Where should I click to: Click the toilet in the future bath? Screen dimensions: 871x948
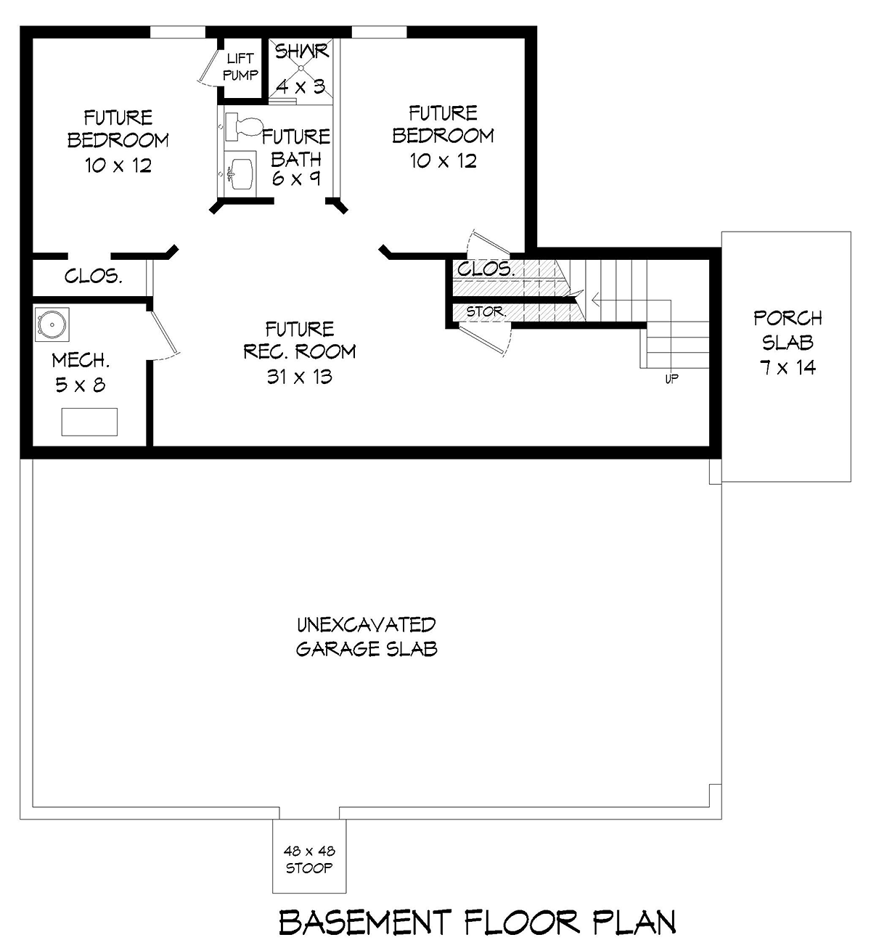click(243, 126)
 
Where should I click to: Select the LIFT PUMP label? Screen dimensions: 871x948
click(240, 67)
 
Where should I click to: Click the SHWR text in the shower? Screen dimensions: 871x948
click(301, 51)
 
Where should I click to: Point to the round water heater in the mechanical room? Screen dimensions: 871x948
click(52, 324)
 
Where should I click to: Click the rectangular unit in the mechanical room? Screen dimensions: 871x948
click(89, 422)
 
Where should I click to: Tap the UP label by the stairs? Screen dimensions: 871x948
click(671, 378)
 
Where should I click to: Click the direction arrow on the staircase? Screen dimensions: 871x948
click(631, 300)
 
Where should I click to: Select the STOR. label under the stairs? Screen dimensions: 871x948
click(486, 312)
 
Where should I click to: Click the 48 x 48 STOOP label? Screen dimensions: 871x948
click(309, 859)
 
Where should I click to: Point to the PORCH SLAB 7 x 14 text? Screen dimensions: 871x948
click(788, 343)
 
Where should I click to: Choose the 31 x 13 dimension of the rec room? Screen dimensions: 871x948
click(300, 377)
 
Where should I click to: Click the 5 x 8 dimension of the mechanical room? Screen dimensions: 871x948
click(81, 385)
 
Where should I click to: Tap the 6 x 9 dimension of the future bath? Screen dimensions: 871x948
click(296, 178)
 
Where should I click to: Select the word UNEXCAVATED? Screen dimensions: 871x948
click(367, 625)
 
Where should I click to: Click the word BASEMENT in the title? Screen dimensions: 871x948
click(365, 922)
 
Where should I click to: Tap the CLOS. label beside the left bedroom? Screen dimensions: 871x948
click(94, 276)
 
